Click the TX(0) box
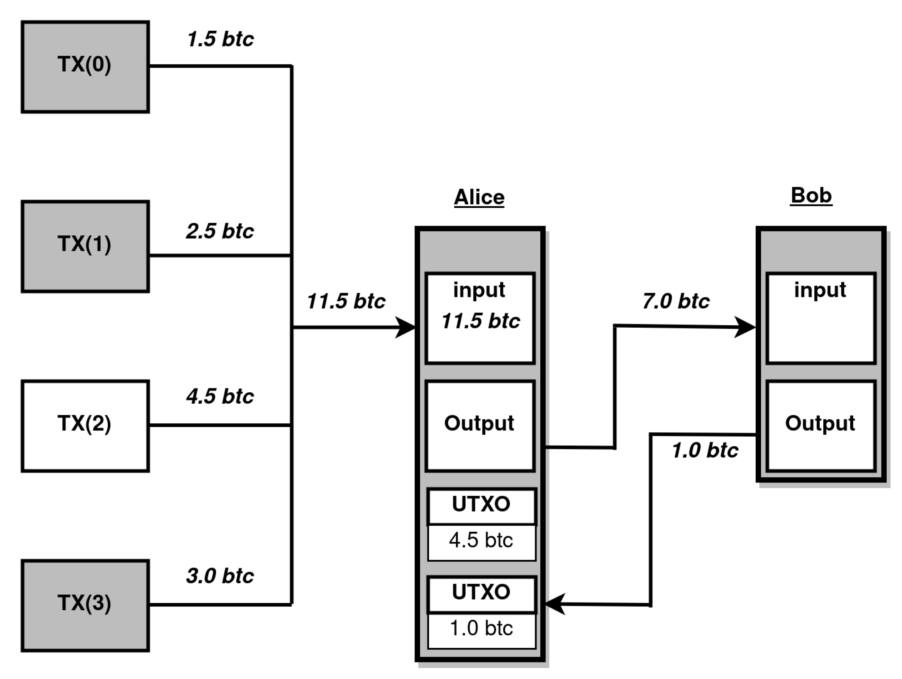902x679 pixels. coord(85,67)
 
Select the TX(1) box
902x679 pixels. coord(85,246)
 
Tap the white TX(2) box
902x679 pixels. coord(85,426)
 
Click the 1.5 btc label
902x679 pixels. coord(220,39)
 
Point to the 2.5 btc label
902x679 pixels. coord(220,231)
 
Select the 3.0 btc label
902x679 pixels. coord(220,576)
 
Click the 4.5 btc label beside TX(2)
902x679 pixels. coord(220,396)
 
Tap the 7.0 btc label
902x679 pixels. coord(676,301)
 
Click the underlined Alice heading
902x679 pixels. coord(479,197)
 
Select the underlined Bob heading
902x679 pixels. coord(811,195)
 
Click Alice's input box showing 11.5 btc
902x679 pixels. coord(480,318)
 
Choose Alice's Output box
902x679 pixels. coord(480,426)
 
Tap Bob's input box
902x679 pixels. coord(821,318)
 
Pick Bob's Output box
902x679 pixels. coord(821,426)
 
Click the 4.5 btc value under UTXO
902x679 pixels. coord(481,541)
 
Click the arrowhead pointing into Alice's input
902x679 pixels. coord(406,327)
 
